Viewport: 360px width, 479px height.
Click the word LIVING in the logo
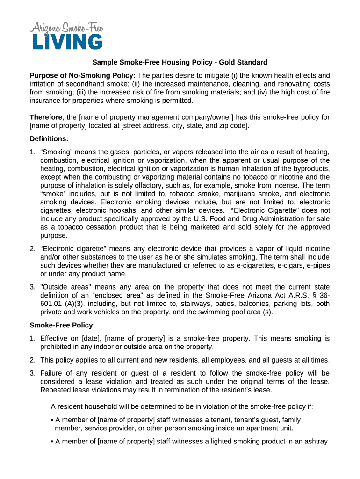click(67, 42)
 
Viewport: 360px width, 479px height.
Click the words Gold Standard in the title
click(244, 62)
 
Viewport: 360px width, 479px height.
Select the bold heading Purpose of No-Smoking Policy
click(83, 75)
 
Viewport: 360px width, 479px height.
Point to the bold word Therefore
click(46, 117)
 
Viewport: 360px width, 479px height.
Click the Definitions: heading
click(49, 138)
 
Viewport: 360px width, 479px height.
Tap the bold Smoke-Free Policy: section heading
click(62, 325)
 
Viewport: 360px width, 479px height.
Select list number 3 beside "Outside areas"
click(32, 287)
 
